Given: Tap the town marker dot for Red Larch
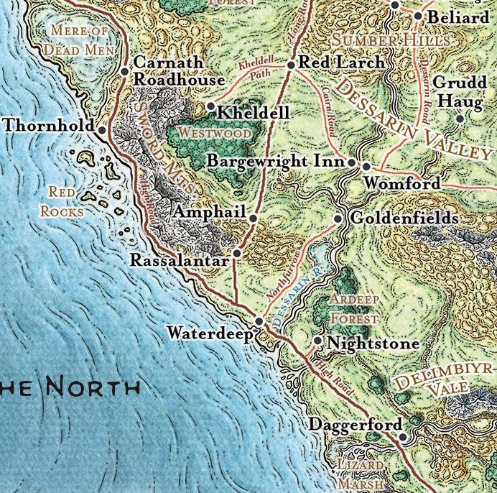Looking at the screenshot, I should coord(291,65).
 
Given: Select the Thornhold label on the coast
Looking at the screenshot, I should coord(48,126).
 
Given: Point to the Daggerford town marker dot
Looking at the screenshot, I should coord(404,436).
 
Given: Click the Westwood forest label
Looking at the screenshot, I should coord(215,134).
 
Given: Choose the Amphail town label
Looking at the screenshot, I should coord(210,213).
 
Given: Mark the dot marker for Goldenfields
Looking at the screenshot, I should coord(338,218).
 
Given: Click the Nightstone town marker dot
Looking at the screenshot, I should coord(318,341).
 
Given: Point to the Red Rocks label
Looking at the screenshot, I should coord(62,201).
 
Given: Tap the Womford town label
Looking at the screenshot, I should coord(401,184).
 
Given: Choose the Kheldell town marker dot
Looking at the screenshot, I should coord(210,106).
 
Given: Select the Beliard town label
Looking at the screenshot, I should coord(457,17).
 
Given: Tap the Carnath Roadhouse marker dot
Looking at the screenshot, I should coord(125,70).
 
